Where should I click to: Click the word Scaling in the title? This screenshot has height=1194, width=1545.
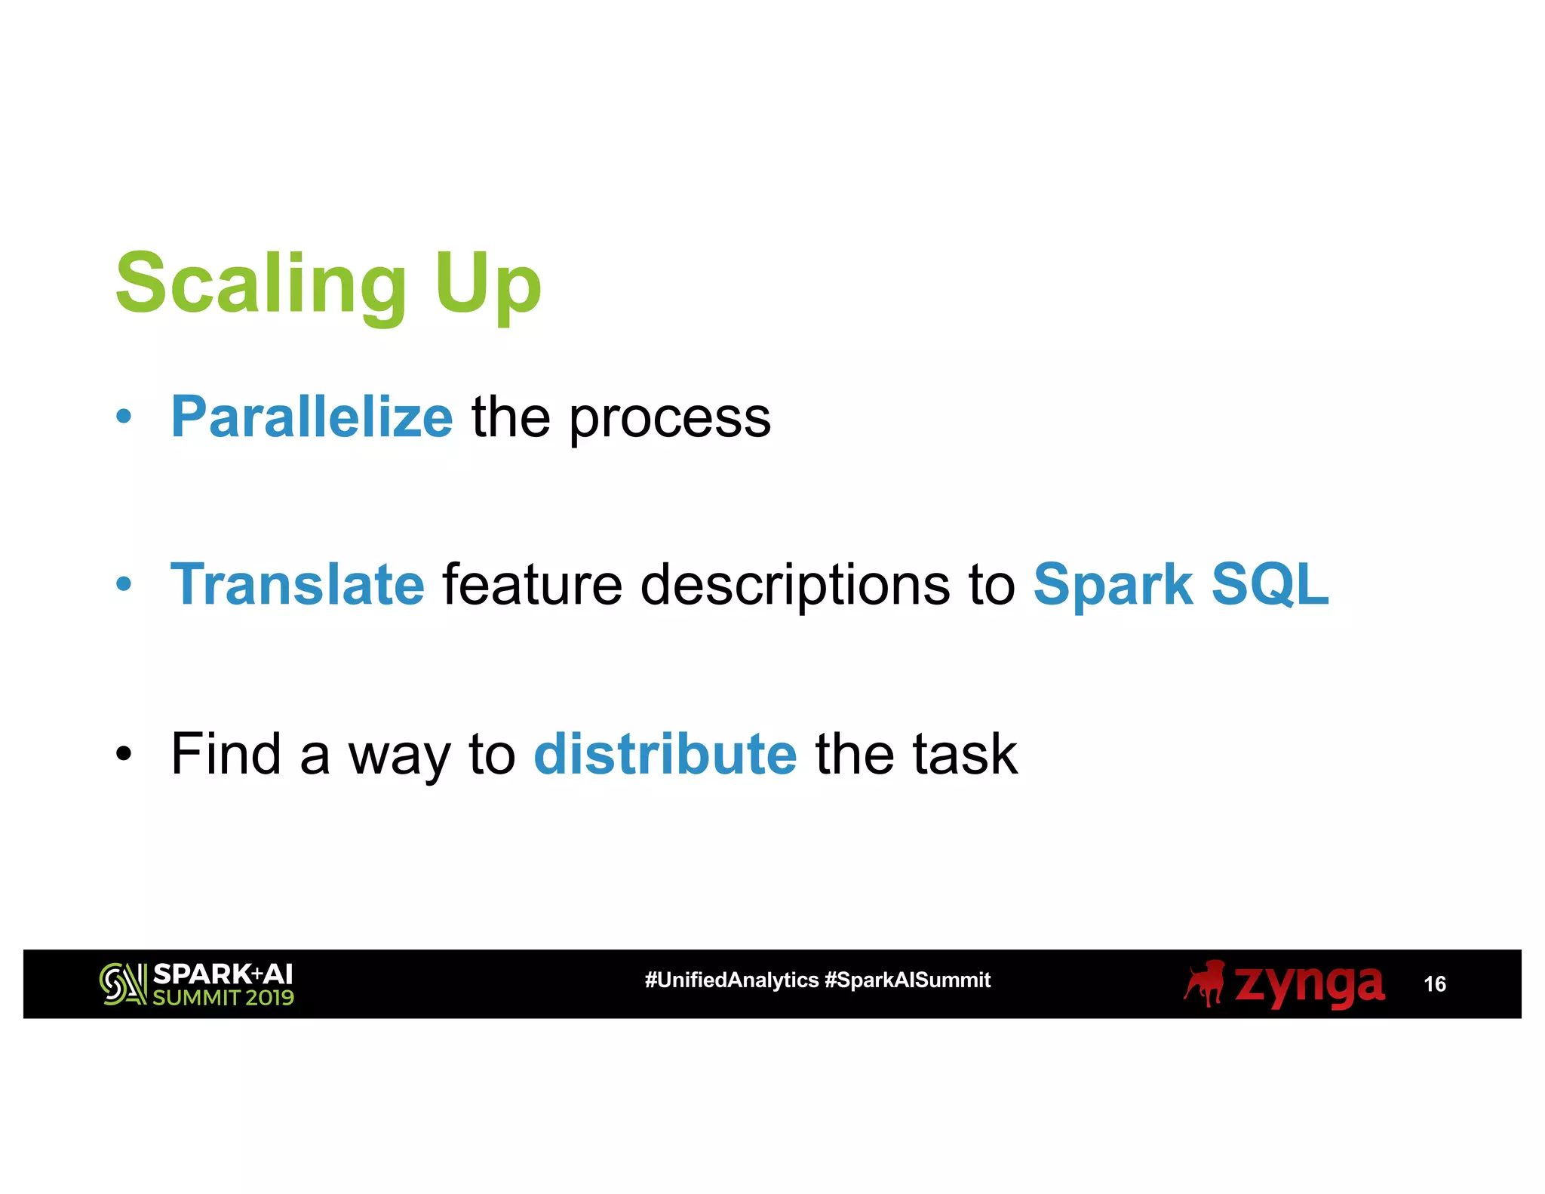pyautogui.click(x=260, y=285)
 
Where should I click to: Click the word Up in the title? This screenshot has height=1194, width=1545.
pyautogui.click(x=487, y=285)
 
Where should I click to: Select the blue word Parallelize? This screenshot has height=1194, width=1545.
pyautogui.click(x=312, y=417)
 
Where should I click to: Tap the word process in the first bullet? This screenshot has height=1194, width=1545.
pyautogui.click(x=669, y=420)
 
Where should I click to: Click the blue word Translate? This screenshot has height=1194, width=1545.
pyautogui.click(x=297, y=584)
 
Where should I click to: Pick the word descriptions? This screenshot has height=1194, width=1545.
pyautogui.click(x=795, y=586)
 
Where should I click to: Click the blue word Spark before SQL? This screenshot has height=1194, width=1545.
pyautogui.click(x=1112, y=586)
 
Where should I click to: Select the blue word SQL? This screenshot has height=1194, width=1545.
pyautogui.click(x=1270, y=584)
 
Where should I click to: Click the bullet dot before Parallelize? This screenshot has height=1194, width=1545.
pyautogui.click(x=124, y=417)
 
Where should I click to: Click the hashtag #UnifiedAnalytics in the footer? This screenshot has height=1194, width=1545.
pyautogui.click(x=731, y=980)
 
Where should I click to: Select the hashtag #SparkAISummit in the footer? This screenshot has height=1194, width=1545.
pyautogui.click(x=908, y=980)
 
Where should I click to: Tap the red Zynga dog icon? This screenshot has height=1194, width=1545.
pyautogui.click(x=1205, y=983)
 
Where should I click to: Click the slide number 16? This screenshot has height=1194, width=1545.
pyautogui.click(x=1434, y=984)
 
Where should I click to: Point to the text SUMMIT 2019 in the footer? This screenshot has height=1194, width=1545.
pyautogui.click(x=223, y=998)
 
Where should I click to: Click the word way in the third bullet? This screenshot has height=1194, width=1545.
pyautogui.click(x=398, y=756)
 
